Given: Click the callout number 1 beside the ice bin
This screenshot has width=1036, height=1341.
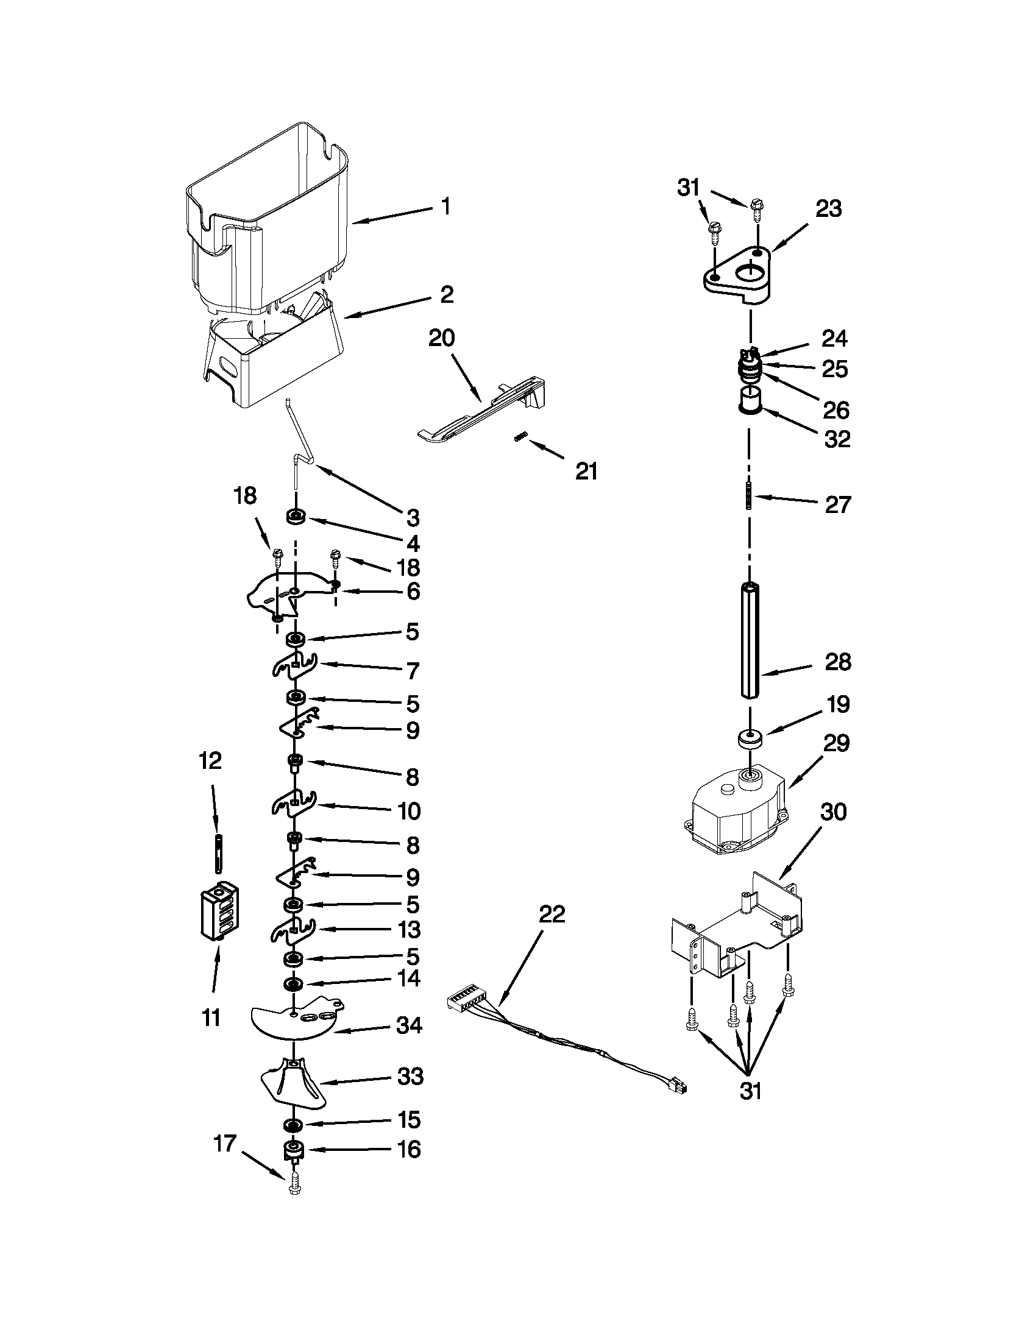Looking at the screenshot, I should point(447,207).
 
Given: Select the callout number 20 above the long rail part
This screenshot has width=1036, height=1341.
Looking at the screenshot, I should point(442,338).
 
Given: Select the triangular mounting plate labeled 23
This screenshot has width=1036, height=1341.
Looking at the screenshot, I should point(737,277).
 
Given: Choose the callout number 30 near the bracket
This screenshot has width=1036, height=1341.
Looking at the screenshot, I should point(834,812).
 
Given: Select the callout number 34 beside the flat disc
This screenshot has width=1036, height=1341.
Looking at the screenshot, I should point(409,1025).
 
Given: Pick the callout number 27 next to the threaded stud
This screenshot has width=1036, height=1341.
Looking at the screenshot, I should point(838,504).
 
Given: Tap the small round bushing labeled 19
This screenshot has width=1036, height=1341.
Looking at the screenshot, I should point(749,738).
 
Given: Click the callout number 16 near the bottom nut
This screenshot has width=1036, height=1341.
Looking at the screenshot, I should point(409,1149).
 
